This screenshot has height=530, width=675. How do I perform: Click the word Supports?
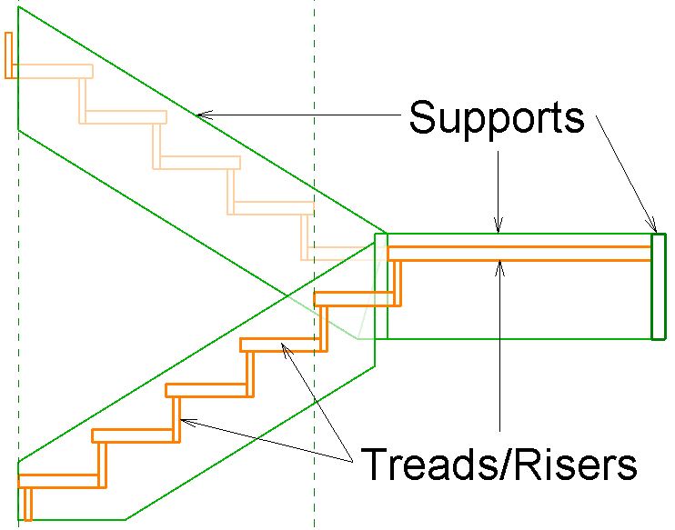[x=496, y=117]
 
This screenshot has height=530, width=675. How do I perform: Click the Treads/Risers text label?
[x=499, y=465]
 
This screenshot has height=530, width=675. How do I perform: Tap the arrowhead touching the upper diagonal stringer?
[x=203, y=115]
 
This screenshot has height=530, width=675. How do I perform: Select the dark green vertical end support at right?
[x=658, y=286]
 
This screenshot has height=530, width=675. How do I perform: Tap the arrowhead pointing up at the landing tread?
[x=499, y=265]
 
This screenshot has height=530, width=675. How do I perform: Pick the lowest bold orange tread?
[x=58, y=481]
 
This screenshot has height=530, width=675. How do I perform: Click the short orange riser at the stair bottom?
[x=27, y=503]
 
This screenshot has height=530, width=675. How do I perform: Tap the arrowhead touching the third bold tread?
[x=285, y=347]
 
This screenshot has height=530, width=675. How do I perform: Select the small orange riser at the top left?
[x=8, y=55]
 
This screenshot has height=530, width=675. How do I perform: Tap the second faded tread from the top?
[x=123, y=117]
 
